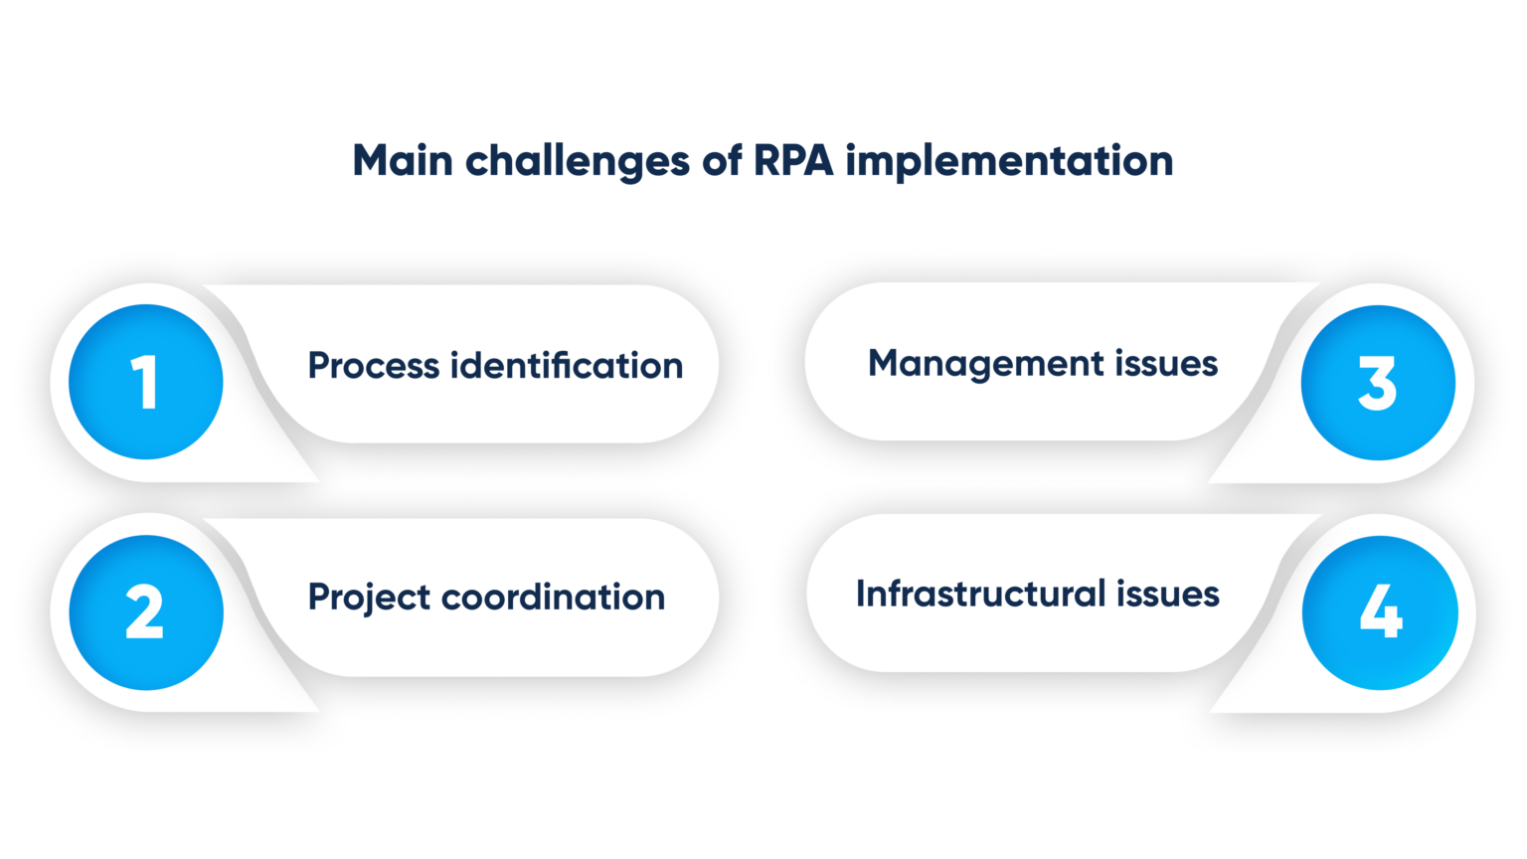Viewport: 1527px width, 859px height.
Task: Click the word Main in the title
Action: (403, 161)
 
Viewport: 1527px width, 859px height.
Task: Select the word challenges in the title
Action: (577, 162)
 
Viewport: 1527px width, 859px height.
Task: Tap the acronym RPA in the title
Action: (793, 161)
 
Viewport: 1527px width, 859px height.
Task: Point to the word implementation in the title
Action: (1009, 162)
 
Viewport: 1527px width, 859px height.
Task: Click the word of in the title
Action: (721, 161)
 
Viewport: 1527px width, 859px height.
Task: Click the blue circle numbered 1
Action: (146, 382)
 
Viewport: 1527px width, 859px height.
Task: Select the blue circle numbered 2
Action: (146, 612)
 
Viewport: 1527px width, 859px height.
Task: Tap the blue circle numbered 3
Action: (1378, 383)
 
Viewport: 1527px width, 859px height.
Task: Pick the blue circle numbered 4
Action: (1380, 612)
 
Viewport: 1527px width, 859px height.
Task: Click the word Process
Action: (374, 366)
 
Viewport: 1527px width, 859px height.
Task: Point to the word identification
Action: (567, 366)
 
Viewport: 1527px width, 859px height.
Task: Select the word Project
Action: (369, 598)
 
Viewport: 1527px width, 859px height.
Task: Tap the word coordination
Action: (553, 598)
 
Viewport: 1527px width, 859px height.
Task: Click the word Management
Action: (986, 364)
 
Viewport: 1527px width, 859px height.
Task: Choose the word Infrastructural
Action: (980, 595)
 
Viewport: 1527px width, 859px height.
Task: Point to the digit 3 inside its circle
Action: (1378, 384)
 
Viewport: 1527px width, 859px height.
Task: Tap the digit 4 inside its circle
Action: (1381, 610)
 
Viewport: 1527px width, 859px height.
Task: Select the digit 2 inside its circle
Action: (144, 612)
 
